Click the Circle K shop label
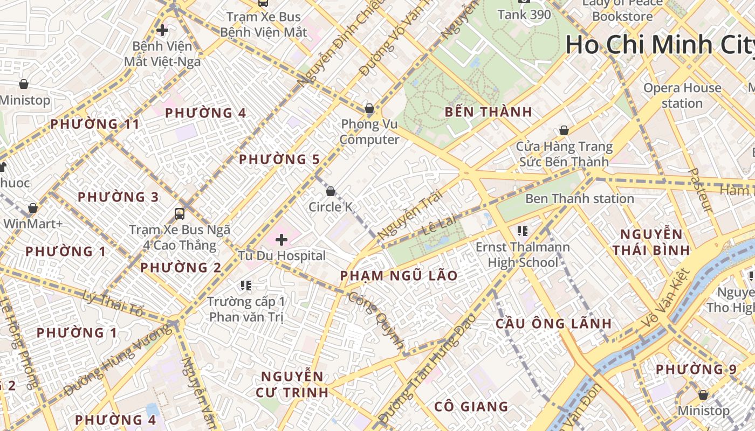pos(330,207)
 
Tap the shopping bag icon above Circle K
pos(331,191)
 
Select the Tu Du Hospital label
pos(282,256)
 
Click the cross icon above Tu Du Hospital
pos(282,239)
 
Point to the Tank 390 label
pos(524,15)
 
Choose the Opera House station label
pos(682,95)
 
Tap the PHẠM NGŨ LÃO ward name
pos(399,276)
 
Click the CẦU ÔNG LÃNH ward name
pos(553,323)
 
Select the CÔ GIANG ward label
pos(471,406)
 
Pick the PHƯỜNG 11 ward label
pos(95,124)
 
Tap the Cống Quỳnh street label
pos(376,321)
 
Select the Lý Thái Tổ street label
pos(114,303)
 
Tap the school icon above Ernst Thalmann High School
pos(522,231)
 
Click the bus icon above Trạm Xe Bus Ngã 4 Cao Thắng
pos(180,214)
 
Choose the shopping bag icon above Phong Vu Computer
pos(369,108)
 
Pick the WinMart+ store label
pos(33,223)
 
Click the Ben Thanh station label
pos(579,199)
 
